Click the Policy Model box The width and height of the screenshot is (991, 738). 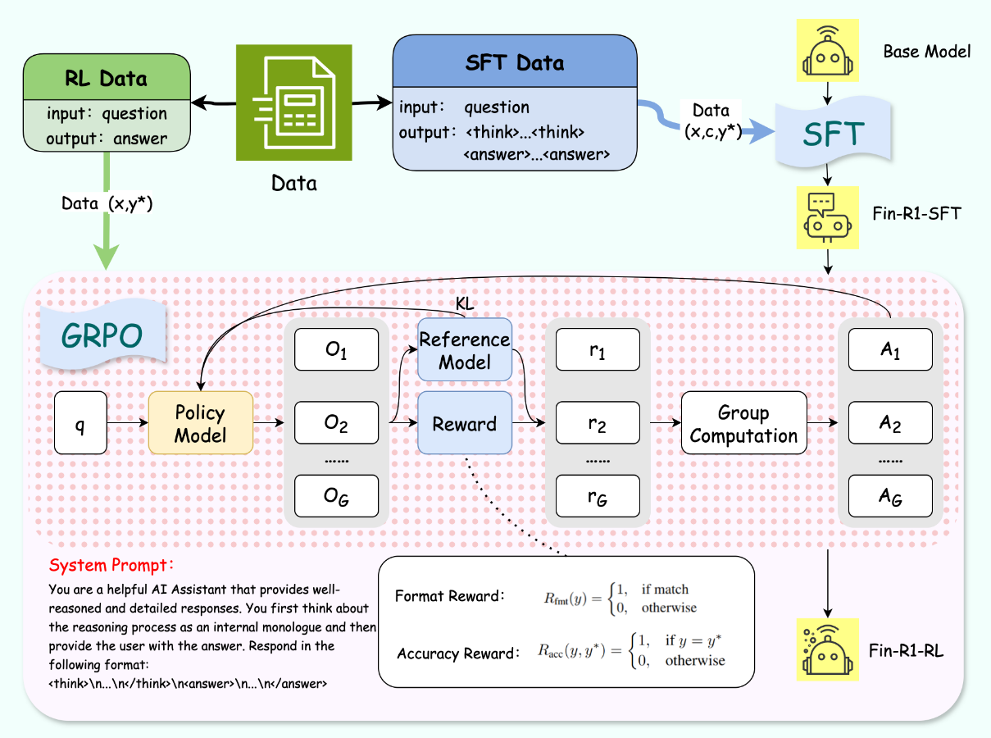[201, 423]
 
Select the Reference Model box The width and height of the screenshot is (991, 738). [464, 350]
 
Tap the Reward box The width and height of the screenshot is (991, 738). [464, 423]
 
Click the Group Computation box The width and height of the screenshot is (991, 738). [743, 423]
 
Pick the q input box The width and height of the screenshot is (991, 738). [80, 423]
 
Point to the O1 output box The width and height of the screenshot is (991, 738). [336, 350]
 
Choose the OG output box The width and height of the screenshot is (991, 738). [336, 496]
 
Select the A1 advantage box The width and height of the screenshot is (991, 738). [890, 350]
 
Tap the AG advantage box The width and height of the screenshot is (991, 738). [890, 496]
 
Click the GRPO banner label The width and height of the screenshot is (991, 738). [100, 335]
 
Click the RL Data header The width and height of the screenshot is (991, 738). [106, 79]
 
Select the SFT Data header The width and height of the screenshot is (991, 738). [514, 62]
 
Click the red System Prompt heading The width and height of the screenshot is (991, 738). [112, 566]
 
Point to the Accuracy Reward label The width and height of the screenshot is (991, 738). [457, 654]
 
